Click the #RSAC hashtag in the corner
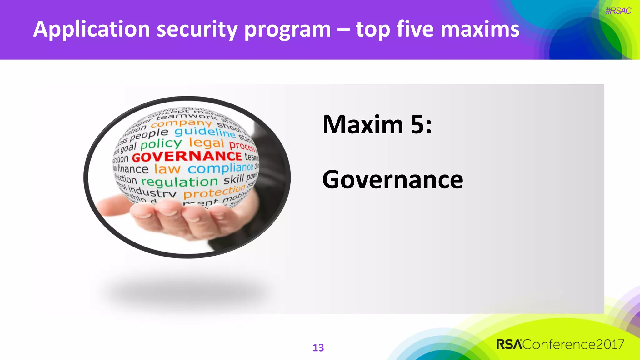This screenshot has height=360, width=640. point(618,11)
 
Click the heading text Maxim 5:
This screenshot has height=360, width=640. point(377,125)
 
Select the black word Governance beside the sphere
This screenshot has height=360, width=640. point(392,180)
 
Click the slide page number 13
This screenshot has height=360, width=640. point(318,347)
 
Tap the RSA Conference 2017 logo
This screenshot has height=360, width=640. point(560,344)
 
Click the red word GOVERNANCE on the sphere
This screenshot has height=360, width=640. point(187,156)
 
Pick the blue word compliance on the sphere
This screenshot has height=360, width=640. point(220,168)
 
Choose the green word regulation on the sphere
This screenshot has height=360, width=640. point(179,181)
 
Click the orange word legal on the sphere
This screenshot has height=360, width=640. point(207,143)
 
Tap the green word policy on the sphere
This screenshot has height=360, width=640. point(161,144)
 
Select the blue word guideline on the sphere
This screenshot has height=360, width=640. point(205,132)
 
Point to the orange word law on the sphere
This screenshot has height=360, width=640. point(167,169)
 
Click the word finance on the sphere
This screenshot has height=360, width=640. point(132,169)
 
